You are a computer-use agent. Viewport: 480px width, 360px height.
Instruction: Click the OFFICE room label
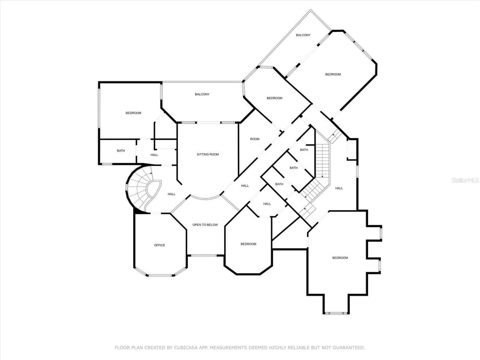pyautogui.click(x=160, y=245)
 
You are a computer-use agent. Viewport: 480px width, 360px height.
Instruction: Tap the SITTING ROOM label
pyautogui.click(x=208, y=154)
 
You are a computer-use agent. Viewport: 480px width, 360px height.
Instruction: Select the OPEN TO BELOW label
pyautogui.click(x=205, y=225)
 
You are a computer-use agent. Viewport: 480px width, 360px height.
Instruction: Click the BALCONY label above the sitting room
pyautogui.click(x=202, y=94)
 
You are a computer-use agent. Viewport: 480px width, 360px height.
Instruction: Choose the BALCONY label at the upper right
pyautogui.click(x=303, y=35)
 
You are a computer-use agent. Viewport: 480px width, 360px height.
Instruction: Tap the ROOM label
pyautogui.click(x=255, y=139)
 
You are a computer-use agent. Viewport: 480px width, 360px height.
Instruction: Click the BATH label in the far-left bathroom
pyautogui.click(x=121, y=151)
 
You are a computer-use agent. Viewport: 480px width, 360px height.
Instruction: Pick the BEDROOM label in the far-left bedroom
pyautogui.click(x=133, y=113)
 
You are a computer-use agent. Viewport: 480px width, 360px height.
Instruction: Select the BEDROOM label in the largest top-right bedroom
pyautogui.click(x=333, y=74)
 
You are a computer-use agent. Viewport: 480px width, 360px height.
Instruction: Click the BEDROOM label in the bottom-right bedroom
pyautogui.click(x=340, y=258)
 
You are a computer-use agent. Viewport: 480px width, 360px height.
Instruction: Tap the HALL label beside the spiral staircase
pyautogui.click(x=172, y=194)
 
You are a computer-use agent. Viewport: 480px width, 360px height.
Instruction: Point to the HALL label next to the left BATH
pyautogui.click(x=154, y=155)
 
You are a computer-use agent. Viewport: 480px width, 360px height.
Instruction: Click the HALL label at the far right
pyautogui.click(x=339, y=188)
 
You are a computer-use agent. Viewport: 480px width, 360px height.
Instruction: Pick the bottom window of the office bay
pyautogui.click(x=160, y=276)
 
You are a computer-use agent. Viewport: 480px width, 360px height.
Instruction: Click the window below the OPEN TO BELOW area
pyautogui.click(x=204, y=255)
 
